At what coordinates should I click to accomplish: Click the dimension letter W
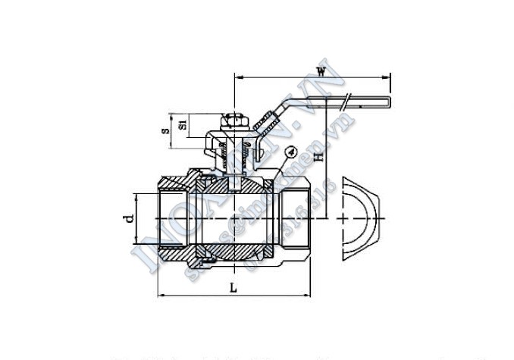pyautogui.click(x=321, y=72)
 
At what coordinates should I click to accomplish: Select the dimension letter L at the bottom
pyautogui.click(x=233, y=287)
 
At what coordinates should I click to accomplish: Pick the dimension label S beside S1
pyautogui.click(x=165, y=130)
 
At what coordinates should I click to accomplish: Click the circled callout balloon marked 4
pyautogui.click(x=292, y=152)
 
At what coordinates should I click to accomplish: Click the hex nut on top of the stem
pyautogui.click(x=233, y=122)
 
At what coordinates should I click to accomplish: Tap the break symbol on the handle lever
pyautogui.click(x=346, y=98)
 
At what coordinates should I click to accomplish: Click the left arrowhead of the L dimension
pyautogui.click(x=160, y=294)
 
